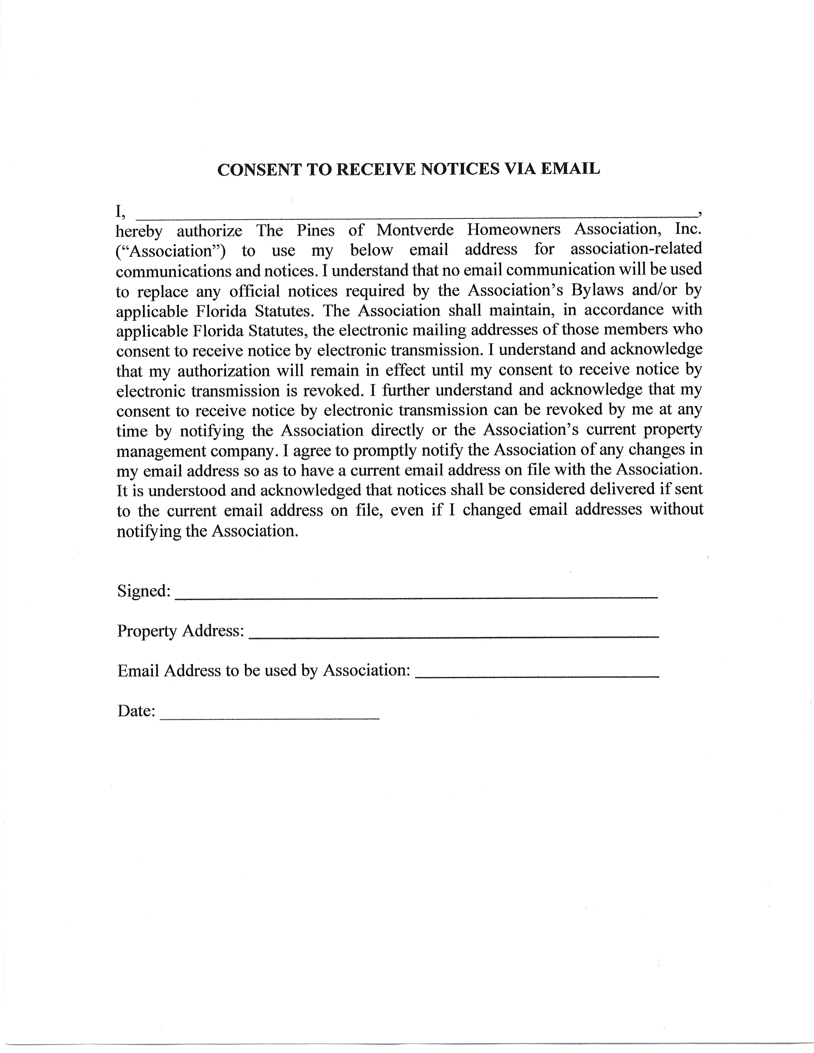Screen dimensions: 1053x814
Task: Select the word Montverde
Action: click(x=415, y=230)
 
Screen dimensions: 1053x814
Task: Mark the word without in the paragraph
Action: click(x=676, y=510)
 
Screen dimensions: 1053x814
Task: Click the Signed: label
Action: click(x=144, y=591)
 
